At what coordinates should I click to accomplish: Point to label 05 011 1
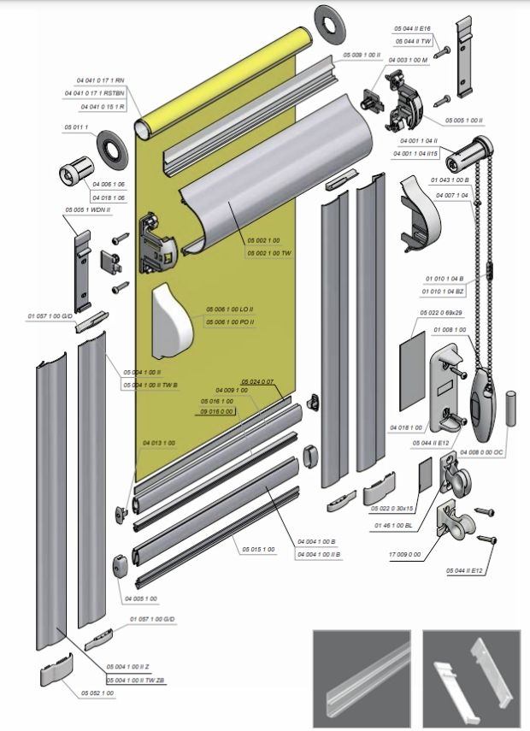75,127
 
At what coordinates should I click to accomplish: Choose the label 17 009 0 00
405,555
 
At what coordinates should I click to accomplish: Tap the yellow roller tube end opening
144,128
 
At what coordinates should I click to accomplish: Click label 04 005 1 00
140,598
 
